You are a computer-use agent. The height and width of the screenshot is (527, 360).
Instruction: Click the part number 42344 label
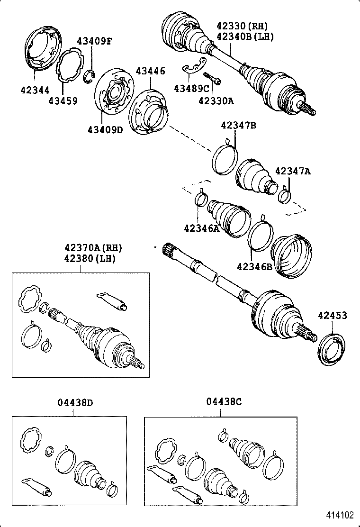36,89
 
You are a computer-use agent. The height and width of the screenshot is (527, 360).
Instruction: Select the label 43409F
95,41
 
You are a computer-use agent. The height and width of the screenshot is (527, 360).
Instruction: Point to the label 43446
150,71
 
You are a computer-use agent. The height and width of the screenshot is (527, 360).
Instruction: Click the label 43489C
191,88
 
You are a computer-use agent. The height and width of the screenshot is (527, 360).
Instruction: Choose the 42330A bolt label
216,100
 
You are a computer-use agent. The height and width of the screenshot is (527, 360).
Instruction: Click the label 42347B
238,125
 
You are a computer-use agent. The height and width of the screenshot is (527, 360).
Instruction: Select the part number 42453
332,315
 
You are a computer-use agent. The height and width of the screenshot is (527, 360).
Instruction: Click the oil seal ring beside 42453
330,349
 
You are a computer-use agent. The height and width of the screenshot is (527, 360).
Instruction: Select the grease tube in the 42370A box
112,301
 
